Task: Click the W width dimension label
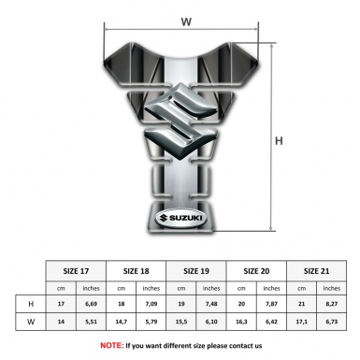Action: (x=186, y=17)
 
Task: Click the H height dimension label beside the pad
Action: (x=279, y=141)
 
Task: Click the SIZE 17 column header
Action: (x=77, y=269)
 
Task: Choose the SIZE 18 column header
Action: (x=137, y=269)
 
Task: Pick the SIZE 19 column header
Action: (x=197, y=269)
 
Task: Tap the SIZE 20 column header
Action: (x=257, y=269)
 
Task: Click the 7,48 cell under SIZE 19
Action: (x=212, y=305)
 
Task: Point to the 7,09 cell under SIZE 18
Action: (x=152, y=305)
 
